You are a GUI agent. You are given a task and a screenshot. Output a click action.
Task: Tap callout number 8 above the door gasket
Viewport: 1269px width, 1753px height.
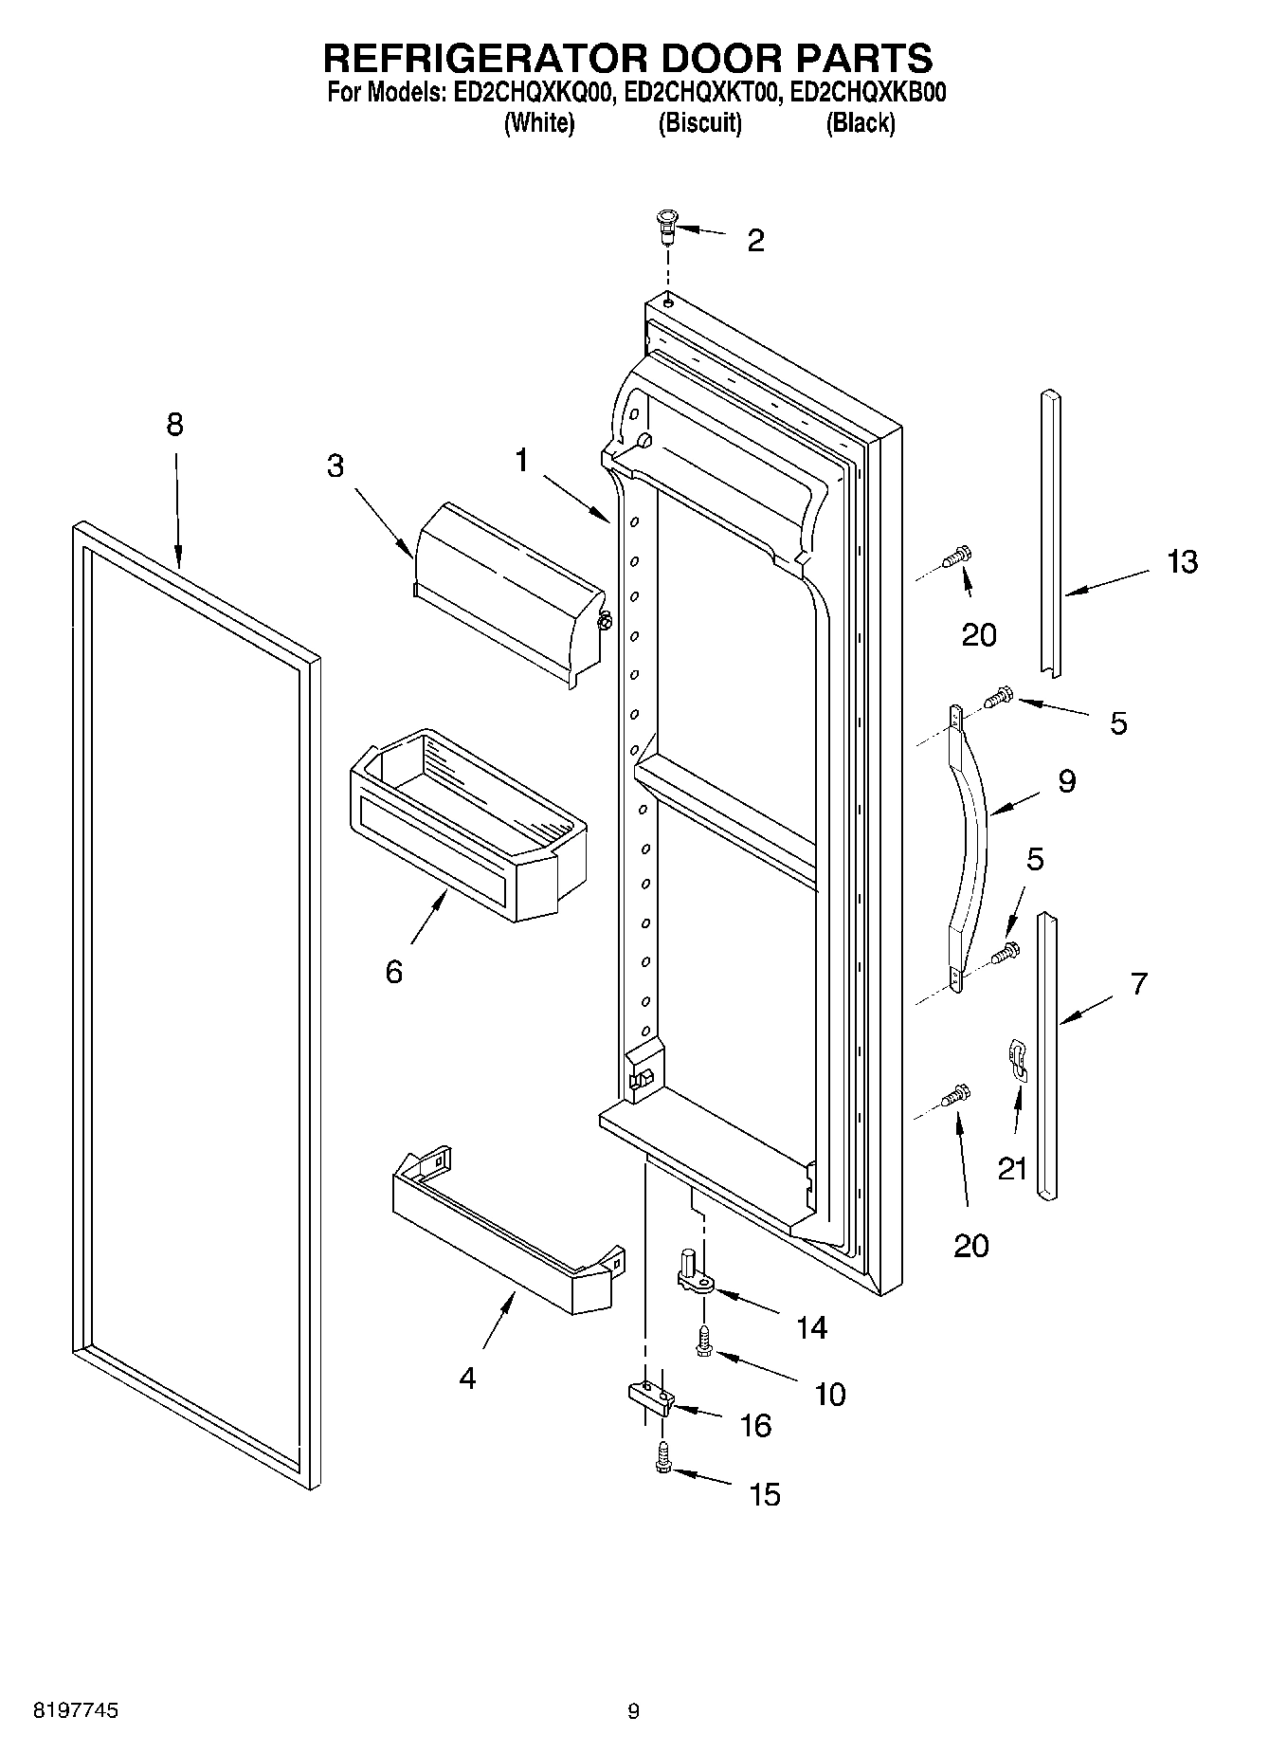point(174,424)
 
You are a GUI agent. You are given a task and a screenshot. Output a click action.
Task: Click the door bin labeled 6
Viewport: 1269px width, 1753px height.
point(469,825)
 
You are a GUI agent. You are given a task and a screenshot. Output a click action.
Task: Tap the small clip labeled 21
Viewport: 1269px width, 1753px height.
point(1017,1060)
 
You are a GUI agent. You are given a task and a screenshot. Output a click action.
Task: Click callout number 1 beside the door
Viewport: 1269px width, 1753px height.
point(521,461)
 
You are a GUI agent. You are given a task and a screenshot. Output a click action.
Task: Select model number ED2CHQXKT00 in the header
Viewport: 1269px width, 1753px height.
point(701,93)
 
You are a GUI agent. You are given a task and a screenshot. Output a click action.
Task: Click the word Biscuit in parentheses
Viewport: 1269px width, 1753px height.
point(699,122)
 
